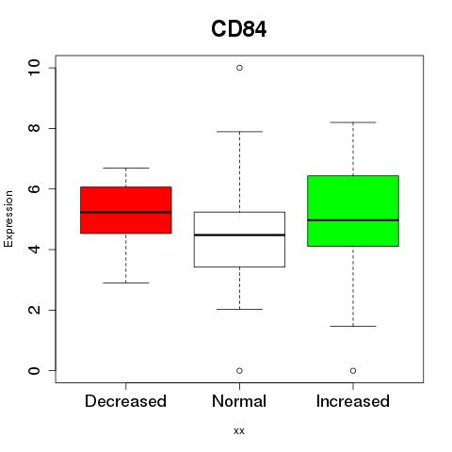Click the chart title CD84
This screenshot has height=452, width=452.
[239, 29]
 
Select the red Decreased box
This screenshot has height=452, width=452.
[126, 210]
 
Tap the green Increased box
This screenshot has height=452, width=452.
[353, 211]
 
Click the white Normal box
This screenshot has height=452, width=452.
[239, 239]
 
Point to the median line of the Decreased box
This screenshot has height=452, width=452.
[126, 212]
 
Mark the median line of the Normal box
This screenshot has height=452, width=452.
[239, 234]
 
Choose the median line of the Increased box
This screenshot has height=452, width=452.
[353, 220]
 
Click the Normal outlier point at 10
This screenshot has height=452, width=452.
[239, 68]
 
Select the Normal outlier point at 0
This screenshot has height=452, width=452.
[239, 371]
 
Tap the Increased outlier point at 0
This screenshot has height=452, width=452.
[353, 371]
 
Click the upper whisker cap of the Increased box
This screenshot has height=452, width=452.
[353, 122]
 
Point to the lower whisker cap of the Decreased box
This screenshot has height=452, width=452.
[126, 282]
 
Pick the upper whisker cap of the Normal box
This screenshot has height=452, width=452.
[239, 132]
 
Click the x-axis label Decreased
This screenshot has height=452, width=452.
[125, 401]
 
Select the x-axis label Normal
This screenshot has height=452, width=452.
[239, 401]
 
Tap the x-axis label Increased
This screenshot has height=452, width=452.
[353, 401]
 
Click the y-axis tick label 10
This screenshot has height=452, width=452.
[34, 68]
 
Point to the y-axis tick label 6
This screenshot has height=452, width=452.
[34, 188]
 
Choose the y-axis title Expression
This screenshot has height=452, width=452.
[8, 218]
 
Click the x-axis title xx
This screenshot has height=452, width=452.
[239, 431]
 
